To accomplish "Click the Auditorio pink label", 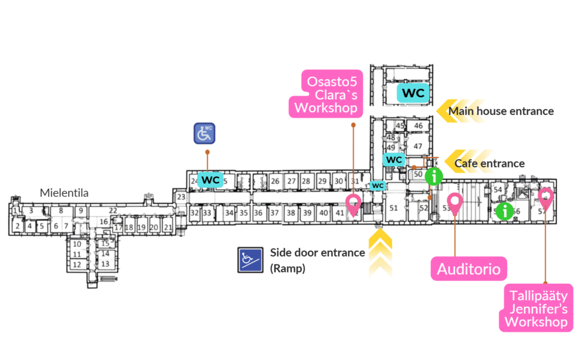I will point(469,268).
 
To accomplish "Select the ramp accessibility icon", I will point(249,260).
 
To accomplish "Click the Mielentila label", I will point(64,193).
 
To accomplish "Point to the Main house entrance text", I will point(501,111).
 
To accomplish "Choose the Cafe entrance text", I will point(489,164).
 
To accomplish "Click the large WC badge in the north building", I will point(413,92).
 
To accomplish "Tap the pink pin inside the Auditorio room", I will point(455,203).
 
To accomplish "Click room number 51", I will point(393,208).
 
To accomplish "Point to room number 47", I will point(418,146).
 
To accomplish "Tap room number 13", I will point(105,264).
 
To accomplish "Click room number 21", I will point(167,227).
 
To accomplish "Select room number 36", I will point(258,213).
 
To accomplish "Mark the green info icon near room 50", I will point(435,176).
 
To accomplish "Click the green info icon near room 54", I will point(504,211).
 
